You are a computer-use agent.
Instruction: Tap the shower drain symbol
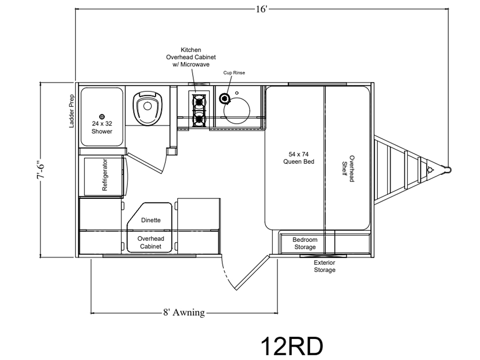coord(102,117)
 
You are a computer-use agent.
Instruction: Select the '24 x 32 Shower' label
coord(102,127)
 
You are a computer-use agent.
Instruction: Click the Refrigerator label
coord(105,175)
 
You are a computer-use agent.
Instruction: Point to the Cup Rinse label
coord(234,73)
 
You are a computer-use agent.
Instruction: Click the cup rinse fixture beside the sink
coord(225,98)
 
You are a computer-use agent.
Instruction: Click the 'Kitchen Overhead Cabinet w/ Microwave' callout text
coord(191,57)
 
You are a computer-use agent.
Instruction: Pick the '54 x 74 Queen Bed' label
coord(299,158)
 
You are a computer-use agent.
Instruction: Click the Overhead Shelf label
coord(348,169)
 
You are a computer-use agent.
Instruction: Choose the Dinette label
coord(151,220)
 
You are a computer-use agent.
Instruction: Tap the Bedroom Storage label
coord(305,243)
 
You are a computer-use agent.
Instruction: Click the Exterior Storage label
coord(324,266)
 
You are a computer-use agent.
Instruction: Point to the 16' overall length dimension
coord(262,9)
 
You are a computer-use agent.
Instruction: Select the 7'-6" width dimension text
coord(40,170)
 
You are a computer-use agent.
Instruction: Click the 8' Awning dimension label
coord(184,313)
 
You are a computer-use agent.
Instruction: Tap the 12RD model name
coord(292,346)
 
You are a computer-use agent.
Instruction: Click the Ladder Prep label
coord(72,111)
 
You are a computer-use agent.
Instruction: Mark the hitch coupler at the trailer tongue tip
coord(447,169)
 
